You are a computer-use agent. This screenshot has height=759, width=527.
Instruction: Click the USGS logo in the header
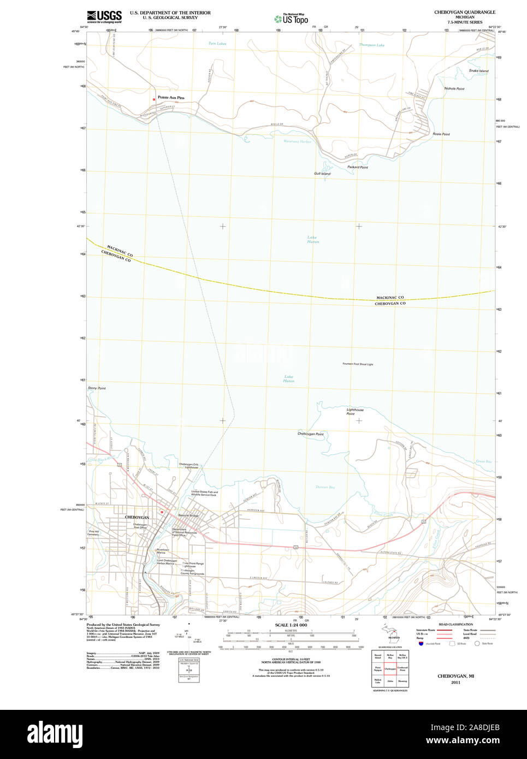click(104, 16)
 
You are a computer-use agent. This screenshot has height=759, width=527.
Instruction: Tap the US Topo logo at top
click(291, 19)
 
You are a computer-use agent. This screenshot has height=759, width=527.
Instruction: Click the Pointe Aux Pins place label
click(171, 98)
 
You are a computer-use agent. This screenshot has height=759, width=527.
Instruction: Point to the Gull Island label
click(322, 174)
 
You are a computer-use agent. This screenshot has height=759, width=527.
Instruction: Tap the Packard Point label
click(358, 167)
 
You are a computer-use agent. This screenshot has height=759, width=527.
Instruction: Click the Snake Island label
click(478, 71)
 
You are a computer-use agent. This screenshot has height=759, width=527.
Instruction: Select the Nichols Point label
click(454, 88)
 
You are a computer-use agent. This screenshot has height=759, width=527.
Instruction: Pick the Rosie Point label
click(441, 134)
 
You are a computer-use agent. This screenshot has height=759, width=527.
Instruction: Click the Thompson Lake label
click(371, 45)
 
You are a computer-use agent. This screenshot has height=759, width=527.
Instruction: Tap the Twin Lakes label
click(217, 43)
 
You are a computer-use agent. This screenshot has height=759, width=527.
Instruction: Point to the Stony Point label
click(97, 388)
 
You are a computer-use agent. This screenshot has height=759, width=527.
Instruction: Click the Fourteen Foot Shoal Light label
click(358, 364)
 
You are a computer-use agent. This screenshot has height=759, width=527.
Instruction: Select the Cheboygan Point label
click(310, 434)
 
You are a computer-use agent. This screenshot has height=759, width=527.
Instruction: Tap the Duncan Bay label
click(325, 487)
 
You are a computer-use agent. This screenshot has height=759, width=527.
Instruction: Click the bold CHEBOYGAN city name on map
click(137, 517)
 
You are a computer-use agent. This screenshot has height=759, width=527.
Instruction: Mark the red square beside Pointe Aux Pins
click(154, 99)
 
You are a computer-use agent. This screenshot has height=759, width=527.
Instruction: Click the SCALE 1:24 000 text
click(291, 625)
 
